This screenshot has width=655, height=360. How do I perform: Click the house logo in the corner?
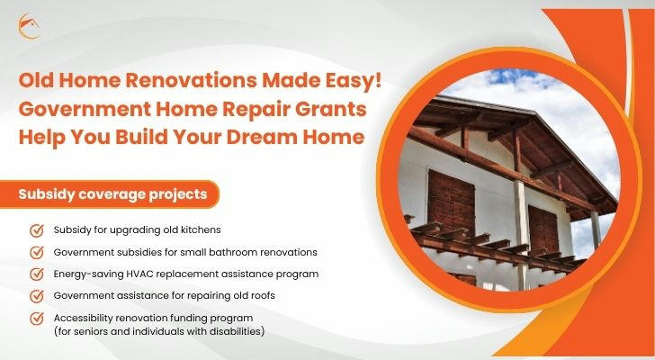click(x=29, y=26)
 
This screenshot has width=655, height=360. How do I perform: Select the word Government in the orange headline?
click(x=85, y=110)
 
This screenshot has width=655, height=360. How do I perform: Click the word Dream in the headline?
click(x=263, y=137)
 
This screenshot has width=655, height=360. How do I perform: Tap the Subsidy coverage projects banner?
click(x=110, y=194)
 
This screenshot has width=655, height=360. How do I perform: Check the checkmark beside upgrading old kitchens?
click(x=37, y=230)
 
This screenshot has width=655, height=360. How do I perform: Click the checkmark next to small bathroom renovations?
click(x=37, y=252)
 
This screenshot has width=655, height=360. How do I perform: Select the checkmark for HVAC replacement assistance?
click(x=37, y=274)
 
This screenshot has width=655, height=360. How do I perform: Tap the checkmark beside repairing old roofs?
click(x=37, y=296)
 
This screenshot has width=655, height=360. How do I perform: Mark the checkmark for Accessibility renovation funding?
click(x=37, y=319)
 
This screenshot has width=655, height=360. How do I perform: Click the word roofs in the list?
click(x=263, y=296)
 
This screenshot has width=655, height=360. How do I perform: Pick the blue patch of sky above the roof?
click(x=518, y=78)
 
